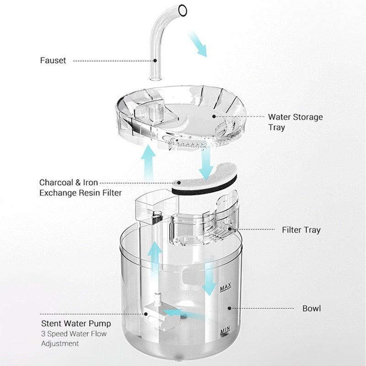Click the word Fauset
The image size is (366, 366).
click(53, 60)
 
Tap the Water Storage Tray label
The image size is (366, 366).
click(295, 122)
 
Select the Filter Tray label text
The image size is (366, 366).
click(301, 230)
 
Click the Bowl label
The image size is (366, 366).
click(311, 308)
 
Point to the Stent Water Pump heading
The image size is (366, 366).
click(75, 324)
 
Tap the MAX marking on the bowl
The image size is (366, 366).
click(225, 288)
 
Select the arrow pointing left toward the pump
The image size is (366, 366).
click(176, 313)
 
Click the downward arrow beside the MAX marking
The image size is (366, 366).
click(209, 279)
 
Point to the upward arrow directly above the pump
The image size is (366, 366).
click(156, 258)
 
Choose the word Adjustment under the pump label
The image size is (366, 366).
click(60, 344)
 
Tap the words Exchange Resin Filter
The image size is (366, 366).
click(81, 193)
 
